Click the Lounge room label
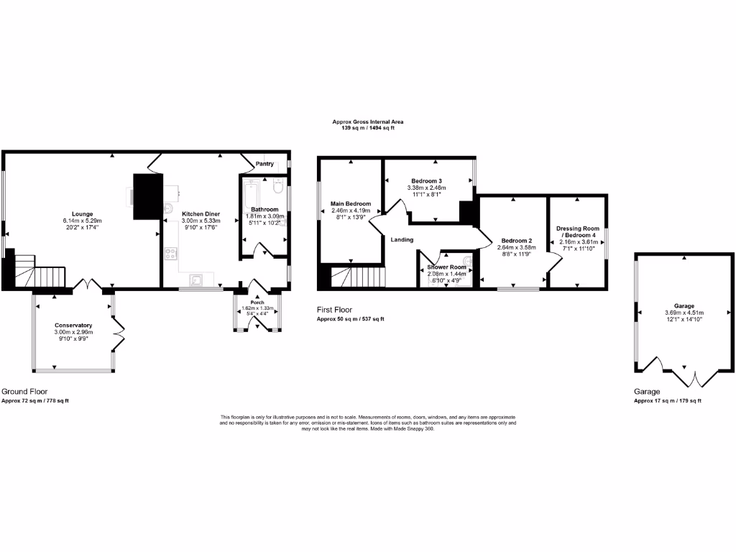82,213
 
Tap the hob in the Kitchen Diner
171,253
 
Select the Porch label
257,303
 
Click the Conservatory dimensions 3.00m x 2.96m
73,332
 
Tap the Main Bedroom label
351,203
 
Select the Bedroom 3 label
426,180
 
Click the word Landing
402,239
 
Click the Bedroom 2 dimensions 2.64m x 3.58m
516,247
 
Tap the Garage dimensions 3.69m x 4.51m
684,313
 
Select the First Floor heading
334,310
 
